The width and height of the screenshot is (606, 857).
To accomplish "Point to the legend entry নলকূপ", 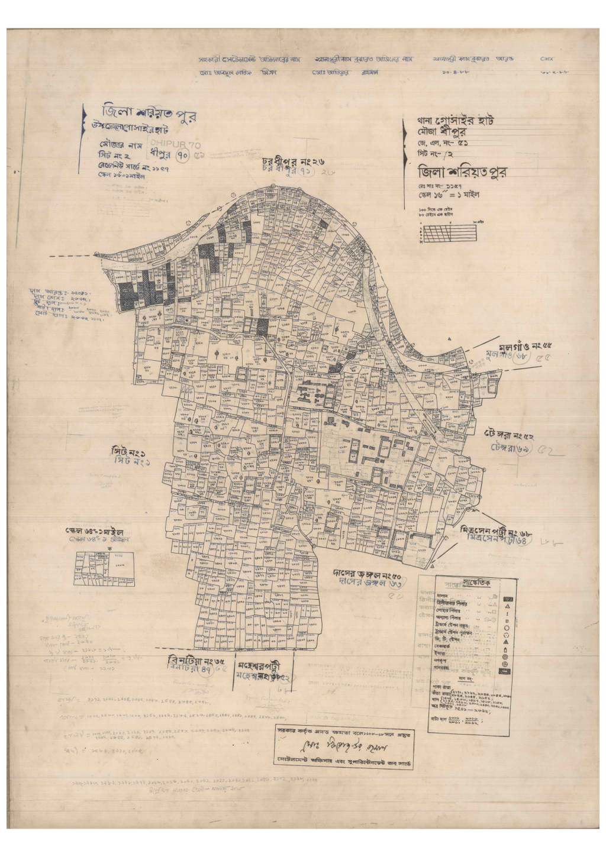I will tap(441, 661).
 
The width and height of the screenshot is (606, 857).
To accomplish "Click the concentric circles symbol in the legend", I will tap(505, 657).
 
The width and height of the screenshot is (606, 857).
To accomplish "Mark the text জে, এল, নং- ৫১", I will tap(443, 143).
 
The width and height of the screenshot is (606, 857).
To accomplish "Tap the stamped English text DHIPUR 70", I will tap(176, 144).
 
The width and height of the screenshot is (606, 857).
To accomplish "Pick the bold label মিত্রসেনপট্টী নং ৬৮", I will tap(496, 531).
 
